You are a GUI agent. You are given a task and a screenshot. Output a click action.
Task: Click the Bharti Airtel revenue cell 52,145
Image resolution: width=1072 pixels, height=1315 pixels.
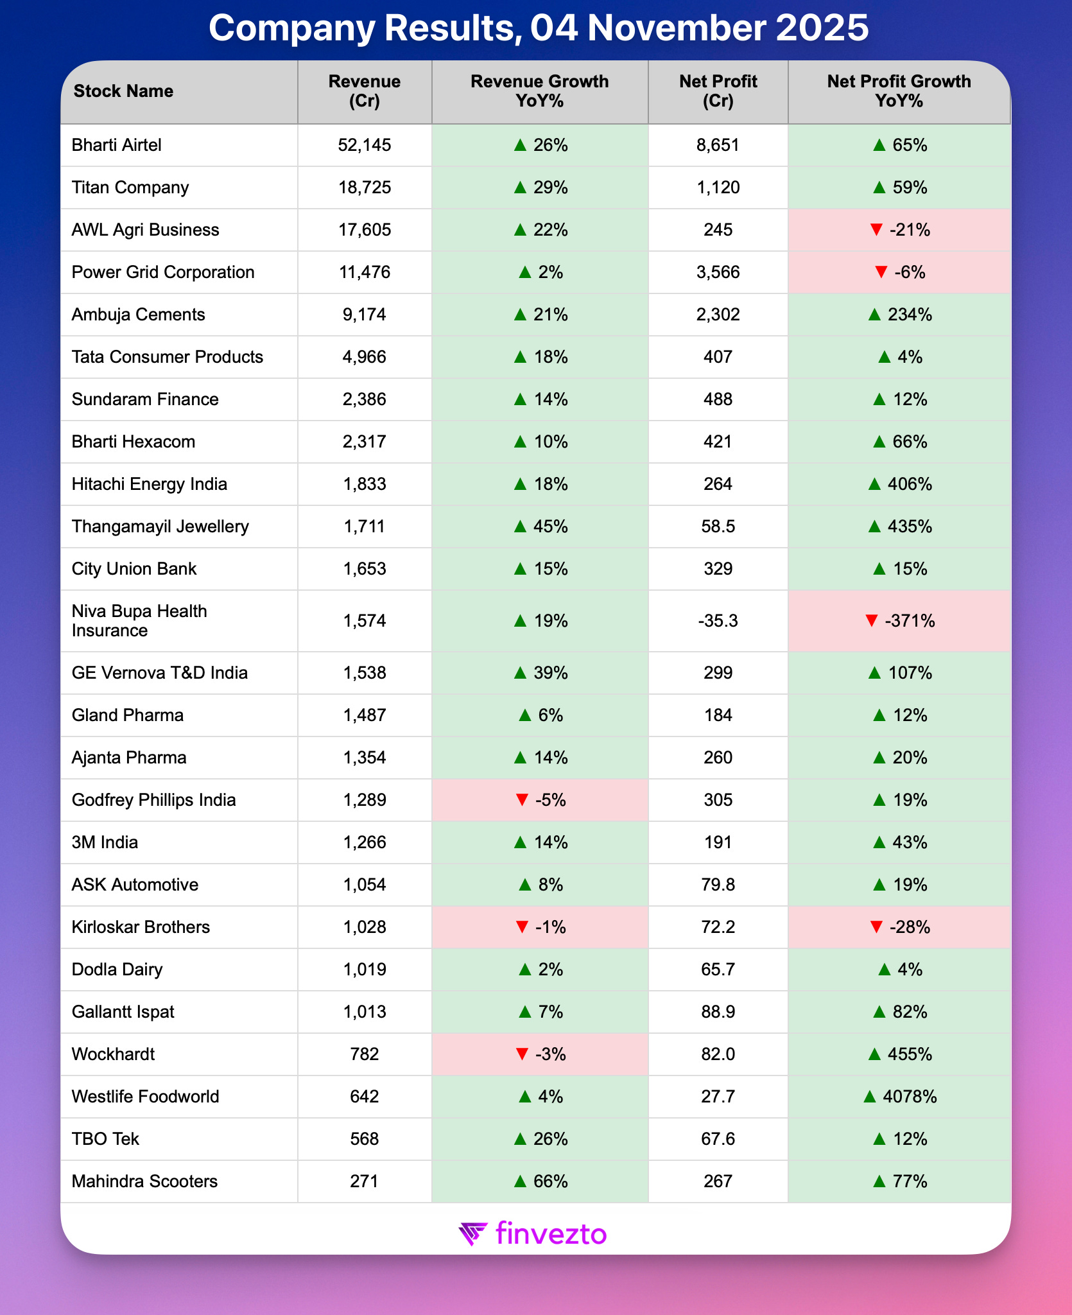click(364, 145)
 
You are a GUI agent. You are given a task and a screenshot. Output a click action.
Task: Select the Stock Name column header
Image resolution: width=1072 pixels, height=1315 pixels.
click(123, 91)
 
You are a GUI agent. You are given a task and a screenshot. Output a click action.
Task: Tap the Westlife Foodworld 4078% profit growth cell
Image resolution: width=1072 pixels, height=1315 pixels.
click(899, 1097)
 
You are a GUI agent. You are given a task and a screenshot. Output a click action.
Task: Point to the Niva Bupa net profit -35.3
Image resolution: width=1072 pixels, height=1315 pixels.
click(718, 621)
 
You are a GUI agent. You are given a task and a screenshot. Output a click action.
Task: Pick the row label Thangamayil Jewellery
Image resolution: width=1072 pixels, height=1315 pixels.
click(160, 527)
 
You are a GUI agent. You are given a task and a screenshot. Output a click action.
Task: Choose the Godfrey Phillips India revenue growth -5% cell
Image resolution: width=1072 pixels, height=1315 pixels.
click(540, 800)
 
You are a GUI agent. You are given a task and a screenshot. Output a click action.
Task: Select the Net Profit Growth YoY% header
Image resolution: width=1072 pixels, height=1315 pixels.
click(899, 91)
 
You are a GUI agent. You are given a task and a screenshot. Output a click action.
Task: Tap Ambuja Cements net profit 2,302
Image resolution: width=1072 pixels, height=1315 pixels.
click(718, 315)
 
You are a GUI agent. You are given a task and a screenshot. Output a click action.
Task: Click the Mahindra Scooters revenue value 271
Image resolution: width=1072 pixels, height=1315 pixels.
click(364, 1181)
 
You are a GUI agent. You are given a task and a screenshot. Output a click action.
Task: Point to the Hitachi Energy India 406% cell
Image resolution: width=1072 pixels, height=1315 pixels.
click(899, 484)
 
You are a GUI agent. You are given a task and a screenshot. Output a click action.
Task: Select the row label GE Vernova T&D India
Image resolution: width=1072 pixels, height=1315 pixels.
click(159, 673)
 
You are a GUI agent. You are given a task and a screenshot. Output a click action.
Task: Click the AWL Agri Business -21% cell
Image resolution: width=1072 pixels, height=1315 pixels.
click(899, 230)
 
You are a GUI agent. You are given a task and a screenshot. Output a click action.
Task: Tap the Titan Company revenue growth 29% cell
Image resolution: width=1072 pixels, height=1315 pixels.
click(540, 187)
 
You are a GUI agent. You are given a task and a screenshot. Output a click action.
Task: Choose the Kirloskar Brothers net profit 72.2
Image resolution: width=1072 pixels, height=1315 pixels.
click(718, 927)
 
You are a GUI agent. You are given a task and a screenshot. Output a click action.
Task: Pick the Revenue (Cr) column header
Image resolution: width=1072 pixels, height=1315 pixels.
click(364, 91)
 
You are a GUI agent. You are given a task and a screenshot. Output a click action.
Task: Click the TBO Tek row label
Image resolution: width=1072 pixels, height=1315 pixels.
click(105, 1139)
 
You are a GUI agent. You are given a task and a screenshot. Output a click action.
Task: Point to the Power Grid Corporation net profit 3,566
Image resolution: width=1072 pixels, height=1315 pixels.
click(718, 272)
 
